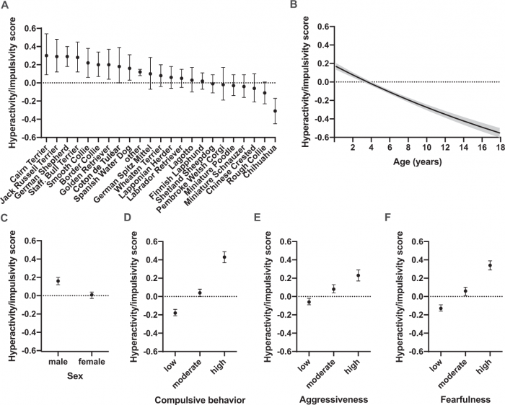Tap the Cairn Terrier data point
click(46, 55)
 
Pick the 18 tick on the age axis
click(499, 148)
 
